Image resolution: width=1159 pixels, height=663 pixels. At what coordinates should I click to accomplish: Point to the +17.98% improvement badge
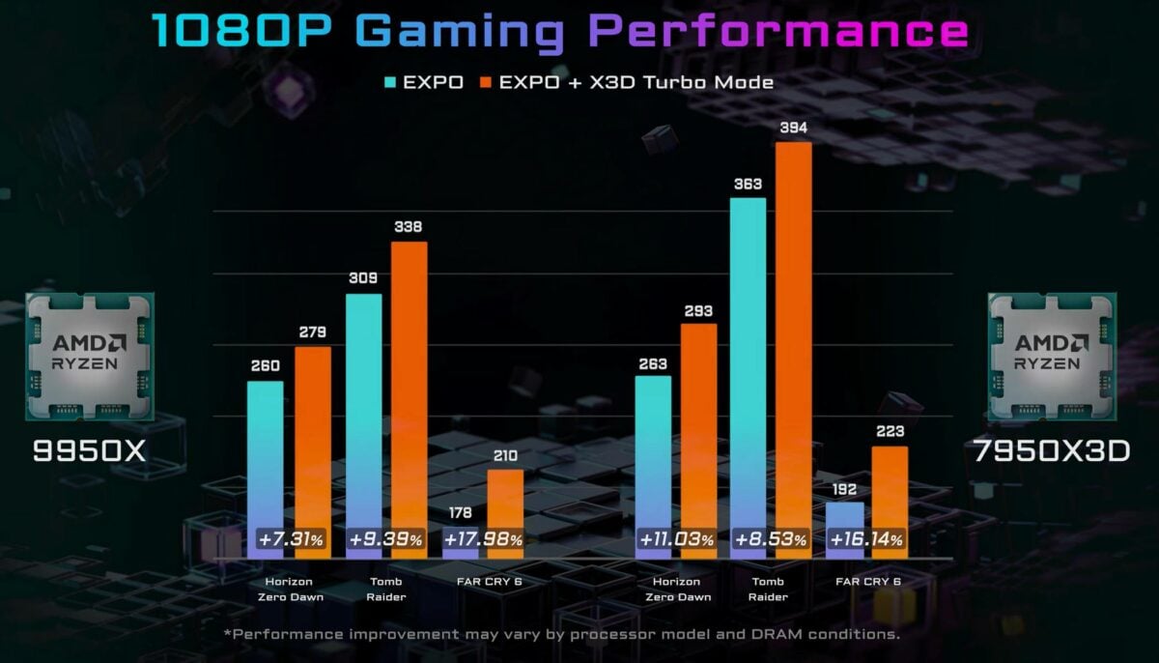(x=484, y=539)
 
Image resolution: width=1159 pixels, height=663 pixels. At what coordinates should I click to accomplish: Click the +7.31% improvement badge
(x=291, y=539)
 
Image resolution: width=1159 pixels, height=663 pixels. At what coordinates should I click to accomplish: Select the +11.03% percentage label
(x=676, y=539)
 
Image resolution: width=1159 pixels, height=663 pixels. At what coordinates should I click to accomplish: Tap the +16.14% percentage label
(x=867, y=539)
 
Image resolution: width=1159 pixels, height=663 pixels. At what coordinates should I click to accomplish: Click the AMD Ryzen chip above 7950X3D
(x=1052, y=356)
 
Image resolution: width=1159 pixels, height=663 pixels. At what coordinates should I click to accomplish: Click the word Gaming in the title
(x=466, y=31)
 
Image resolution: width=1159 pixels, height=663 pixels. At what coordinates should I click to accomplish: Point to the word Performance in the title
(x=778, y=31)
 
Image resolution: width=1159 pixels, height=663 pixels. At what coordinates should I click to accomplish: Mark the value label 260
(x=265, y=365)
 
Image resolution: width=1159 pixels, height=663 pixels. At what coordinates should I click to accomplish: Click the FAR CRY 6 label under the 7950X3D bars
(x=868, y=581)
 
